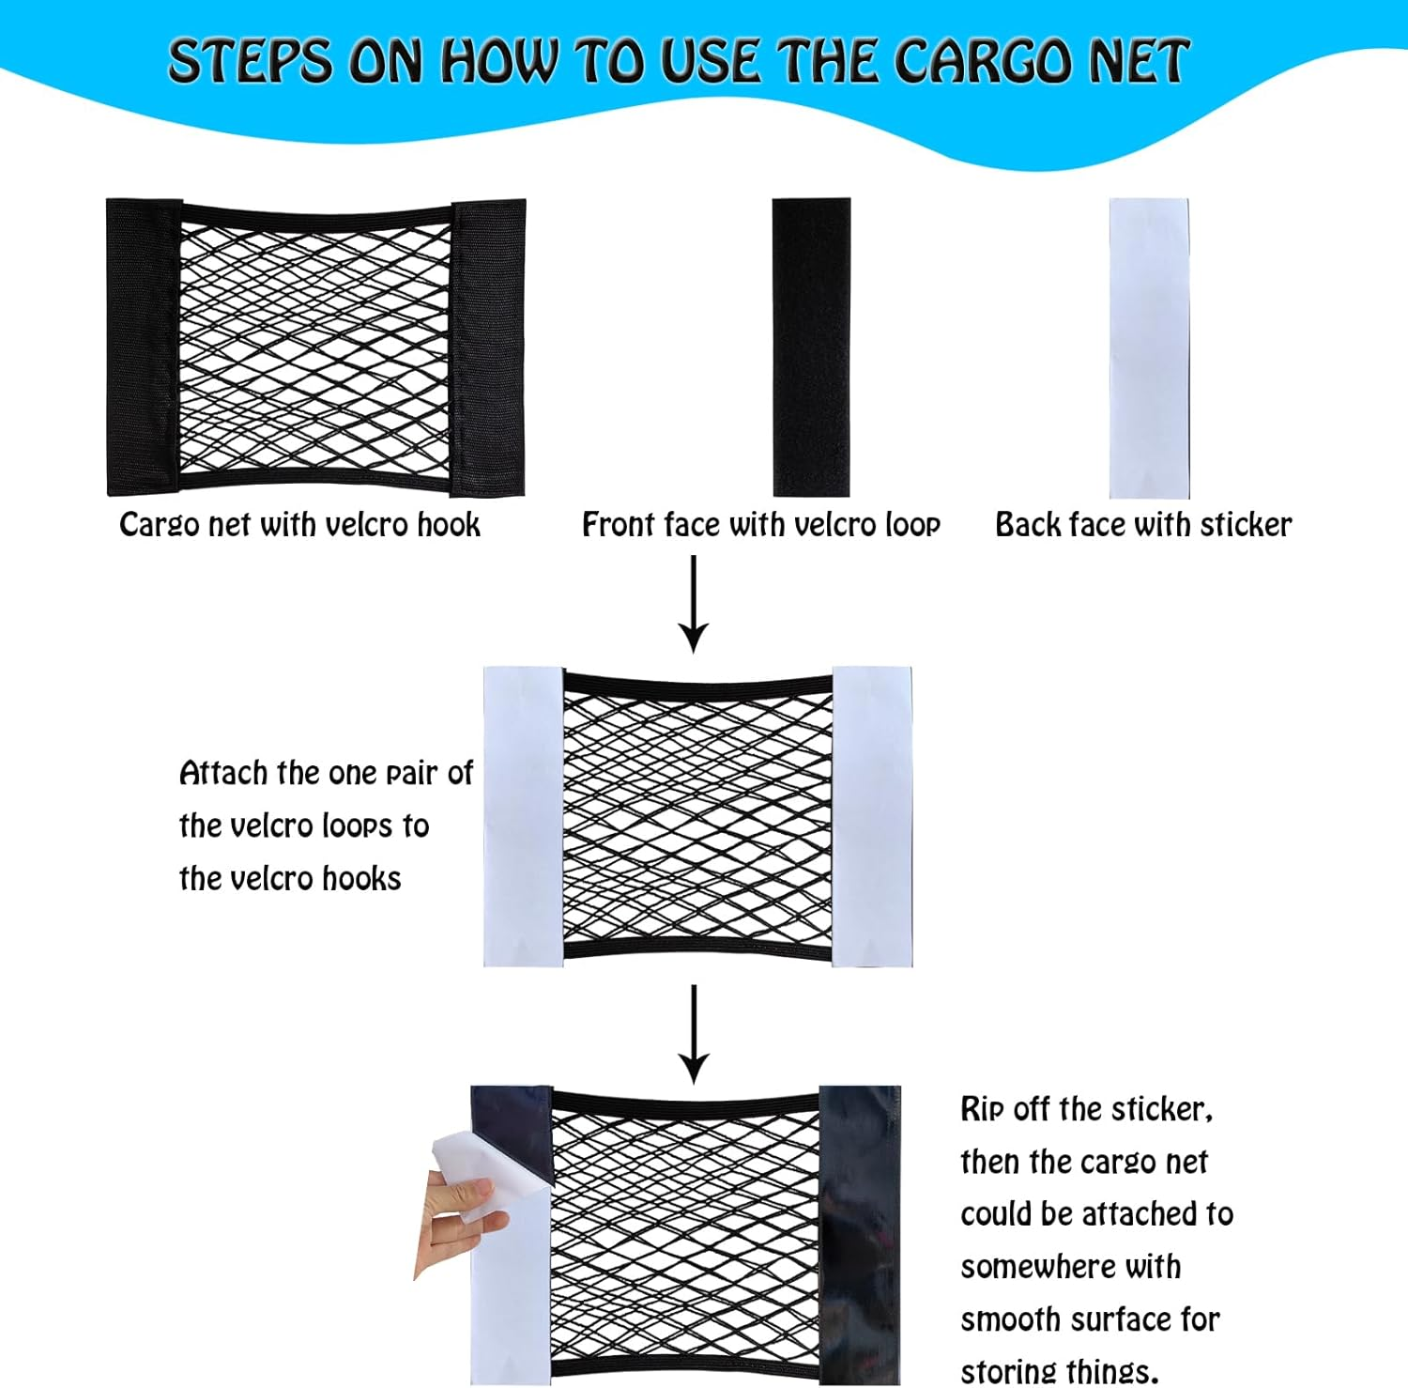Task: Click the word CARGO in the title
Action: click(983, 62)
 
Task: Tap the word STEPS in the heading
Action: click(250, 62)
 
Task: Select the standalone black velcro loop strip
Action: click(811, 347)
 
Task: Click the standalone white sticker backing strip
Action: click(1149, 347)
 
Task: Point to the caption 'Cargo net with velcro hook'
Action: click(299, 525)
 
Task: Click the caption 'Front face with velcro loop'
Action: click(761, 525)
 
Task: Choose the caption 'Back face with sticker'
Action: click(1143, 524)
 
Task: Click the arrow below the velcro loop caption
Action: click(694, 604)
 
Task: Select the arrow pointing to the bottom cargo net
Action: click(694, 1034)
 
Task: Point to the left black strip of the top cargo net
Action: click(143, 347)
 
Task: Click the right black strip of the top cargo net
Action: click(488, 347)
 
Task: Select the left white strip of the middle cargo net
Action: click(524, 817)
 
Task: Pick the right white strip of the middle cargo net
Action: click(872, 817)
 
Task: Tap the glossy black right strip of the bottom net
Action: click(860, 1235)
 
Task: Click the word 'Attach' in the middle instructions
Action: click(223, 773)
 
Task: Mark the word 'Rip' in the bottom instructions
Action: click(983, 1110)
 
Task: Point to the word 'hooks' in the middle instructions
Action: click(361, 878)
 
